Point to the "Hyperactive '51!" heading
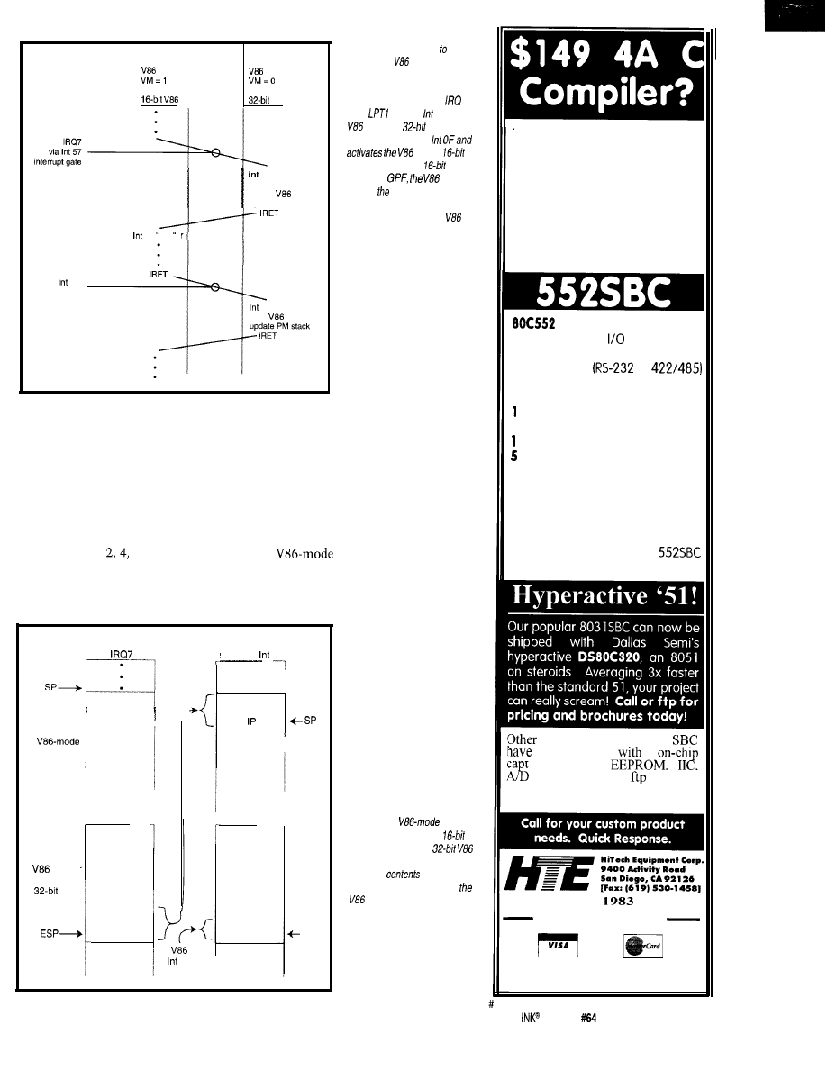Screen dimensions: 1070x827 [x=603, y=597]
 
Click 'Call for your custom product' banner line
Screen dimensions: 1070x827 [x=604, y=823]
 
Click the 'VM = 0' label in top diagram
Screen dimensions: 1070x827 [x=263, y=79]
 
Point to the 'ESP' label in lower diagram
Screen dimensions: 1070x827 [x=60, y=909]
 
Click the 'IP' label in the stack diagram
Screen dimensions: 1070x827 [x=251, y=695]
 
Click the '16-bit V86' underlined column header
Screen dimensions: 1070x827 [x=168, y=100]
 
